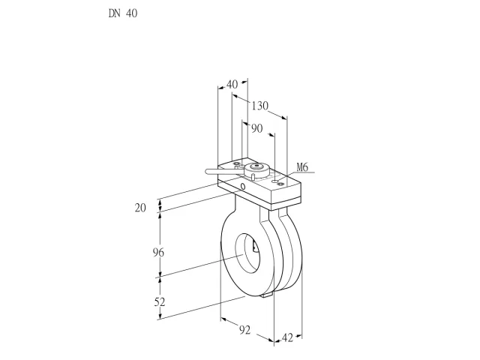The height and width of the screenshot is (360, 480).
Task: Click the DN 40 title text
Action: tap(123, 13)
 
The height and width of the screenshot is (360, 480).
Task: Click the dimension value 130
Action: tap(260, 106)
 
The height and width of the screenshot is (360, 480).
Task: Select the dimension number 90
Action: tap(257, 128)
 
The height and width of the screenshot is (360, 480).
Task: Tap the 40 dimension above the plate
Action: tap(232, 84)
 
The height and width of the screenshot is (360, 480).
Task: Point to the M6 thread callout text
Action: tap(302, 167)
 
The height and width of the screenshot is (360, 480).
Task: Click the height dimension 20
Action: tap(140, 208)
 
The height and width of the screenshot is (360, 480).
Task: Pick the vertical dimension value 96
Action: tap(158, 253)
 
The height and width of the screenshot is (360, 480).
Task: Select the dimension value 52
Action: tap(160, 302)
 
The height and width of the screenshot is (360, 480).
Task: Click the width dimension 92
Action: tap(245, 330)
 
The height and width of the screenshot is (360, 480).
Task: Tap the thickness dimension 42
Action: tap(287, 338)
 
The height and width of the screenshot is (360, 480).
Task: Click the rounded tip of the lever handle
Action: tap(208, 172)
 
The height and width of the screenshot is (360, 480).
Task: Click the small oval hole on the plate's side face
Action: tap(243, 186)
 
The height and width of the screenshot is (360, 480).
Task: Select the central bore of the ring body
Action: tap(247, 253)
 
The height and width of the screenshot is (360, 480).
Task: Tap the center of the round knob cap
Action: tap(256, 166)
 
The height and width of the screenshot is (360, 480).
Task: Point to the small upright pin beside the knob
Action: tap(253, 176)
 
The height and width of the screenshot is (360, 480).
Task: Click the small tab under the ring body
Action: tap(267, 295)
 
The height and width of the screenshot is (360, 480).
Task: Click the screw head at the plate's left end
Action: tap(237, 164)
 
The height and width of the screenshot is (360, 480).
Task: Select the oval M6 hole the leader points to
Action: tap(275, 181)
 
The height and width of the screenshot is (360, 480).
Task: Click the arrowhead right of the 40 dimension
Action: tap(244, 82)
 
